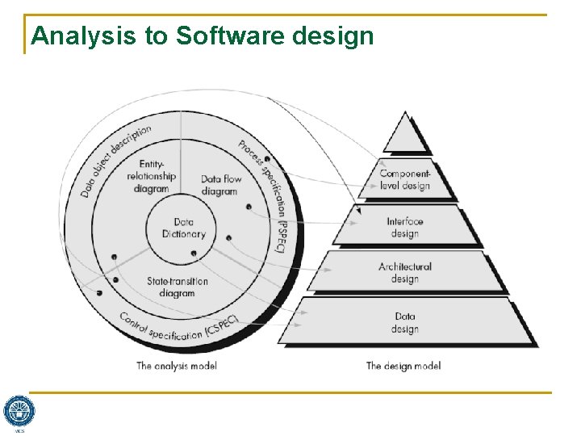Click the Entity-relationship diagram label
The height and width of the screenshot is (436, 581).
click(x=151, y=177)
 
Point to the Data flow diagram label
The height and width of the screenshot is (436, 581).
click(x=220, y=185)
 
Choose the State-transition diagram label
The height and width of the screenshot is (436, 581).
click(x=178, y=287)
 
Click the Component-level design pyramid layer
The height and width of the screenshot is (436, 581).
click(x=405, y=179)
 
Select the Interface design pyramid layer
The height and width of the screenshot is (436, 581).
click(x=405, y=227)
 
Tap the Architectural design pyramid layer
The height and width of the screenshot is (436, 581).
click(x=405, y=272)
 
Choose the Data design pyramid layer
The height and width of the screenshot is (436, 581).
click(x=405, y=322)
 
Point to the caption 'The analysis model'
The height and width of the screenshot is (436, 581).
click(x=176, y=366)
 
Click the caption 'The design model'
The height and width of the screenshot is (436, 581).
click(x=403, y=366)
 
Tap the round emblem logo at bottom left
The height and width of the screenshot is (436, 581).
click(x=19, y=410)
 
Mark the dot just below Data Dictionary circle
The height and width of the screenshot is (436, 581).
click(x=194, y=254)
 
